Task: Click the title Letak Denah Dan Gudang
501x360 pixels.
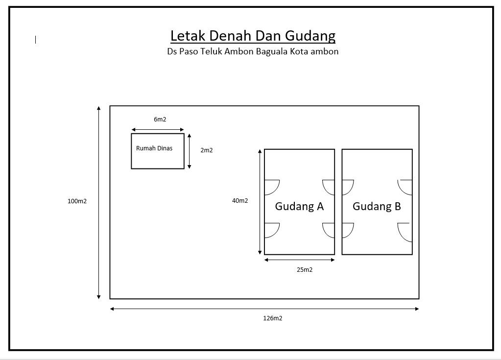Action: point(253,36)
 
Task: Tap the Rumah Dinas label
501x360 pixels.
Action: point(154,148)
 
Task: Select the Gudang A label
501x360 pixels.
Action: point(299,206)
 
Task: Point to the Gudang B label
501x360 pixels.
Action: point(377,206)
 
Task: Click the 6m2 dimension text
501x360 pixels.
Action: point(160,120)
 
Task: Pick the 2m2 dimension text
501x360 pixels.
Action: point(206,150)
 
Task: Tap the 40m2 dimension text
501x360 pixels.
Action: point(240,201)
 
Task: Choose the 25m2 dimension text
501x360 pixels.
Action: point(305,269)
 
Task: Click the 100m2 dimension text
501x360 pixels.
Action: point(77,201)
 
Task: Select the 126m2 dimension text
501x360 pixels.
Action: point(273,318)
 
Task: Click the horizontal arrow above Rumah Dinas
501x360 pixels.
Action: point(158,130)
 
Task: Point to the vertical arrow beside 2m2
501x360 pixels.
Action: point(189,151)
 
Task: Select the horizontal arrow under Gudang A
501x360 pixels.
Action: point(299,260)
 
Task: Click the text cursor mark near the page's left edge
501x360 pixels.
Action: point(35,40)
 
